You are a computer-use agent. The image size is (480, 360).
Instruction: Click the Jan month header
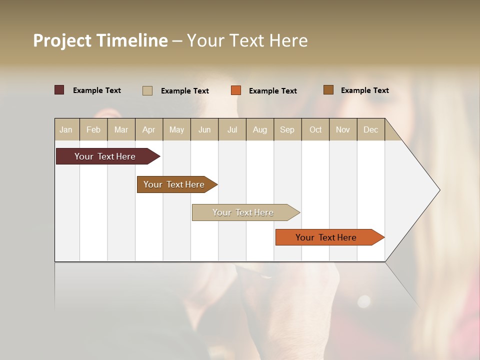66,129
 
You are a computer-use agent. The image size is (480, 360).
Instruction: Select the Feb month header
93,129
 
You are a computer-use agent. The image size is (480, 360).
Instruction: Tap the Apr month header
149,129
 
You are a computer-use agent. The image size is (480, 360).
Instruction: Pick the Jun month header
204,129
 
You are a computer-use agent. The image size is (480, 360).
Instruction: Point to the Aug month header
260,129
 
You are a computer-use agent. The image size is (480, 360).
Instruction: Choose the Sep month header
287,129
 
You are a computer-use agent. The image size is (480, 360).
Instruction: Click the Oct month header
315,129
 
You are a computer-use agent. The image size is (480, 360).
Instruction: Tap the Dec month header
371,129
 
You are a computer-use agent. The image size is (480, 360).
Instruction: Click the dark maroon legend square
59,90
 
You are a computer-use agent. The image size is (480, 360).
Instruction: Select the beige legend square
147,90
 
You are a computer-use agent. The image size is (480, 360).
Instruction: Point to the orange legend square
236,90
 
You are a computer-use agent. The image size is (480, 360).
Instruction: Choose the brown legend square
328,90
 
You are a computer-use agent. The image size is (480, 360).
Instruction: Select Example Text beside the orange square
272,91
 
